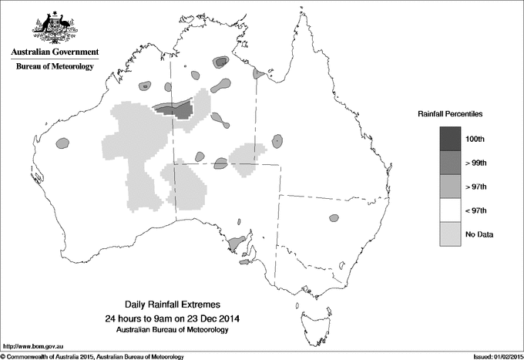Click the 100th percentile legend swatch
[451, 139]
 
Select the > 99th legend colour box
[451, 163]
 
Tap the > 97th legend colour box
[451, 187]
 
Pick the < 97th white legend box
[451, 210]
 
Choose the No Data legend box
[451, 234]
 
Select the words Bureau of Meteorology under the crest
[55, 67]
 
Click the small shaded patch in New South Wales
[334, 218]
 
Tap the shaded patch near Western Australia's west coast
[62, 143]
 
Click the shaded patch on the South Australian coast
[238, 244]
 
